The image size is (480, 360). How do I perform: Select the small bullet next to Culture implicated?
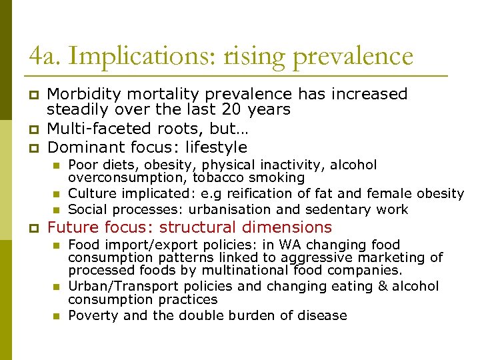coord(57,194)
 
